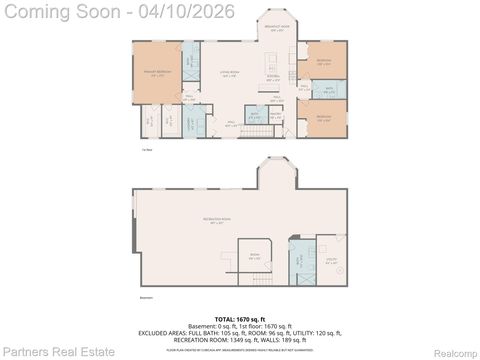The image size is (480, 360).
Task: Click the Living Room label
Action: pyautogui.click(x=229, y=73)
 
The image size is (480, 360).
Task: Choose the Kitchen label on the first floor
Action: pyautogui.click(x=273, y=77)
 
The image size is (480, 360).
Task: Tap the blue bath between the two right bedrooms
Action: pyautogui.click(x=328, y=89)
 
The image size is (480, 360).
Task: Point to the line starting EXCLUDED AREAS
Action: pyautogui.click(x=240, y=334)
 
